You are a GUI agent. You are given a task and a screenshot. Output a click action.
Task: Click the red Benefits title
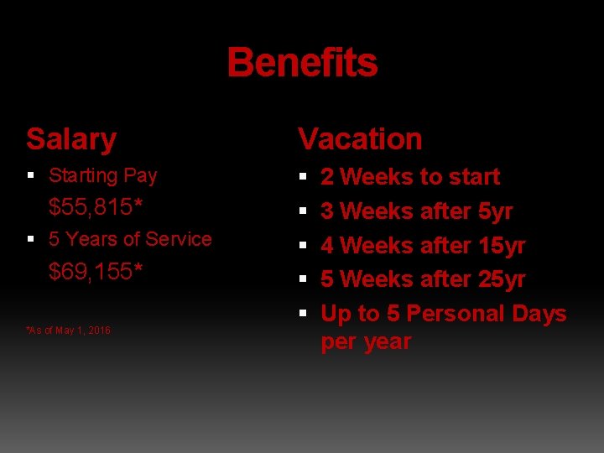(x=302, y=62)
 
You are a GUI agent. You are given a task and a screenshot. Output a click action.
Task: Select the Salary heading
(x=71, y=138)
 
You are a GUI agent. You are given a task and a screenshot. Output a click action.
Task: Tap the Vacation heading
(x=360, y=138)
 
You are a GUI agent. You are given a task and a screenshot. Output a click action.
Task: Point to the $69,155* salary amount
(x=95, y=271)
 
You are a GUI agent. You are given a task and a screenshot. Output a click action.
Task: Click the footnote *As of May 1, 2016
(x=69, y=331)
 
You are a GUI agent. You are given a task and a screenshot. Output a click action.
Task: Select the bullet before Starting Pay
(x=31, y=176)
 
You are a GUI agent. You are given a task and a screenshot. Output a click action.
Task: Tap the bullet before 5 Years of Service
(x=31, y=239)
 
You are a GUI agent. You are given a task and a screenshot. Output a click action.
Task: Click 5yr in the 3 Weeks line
(x=494, y=211)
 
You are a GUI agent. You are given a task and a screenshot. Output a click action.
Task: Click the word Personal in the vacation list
(x=456, y=314)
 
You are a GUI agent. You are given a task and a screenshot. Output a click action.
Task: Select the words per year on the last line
(x=366, y=342)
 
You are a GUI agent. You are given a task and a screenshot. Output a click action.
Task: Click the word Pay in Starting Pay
(x=140, y=176)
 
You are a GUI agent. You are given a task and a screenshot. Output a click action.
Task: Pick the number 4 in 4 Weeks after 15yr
(x=327, y=246)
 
